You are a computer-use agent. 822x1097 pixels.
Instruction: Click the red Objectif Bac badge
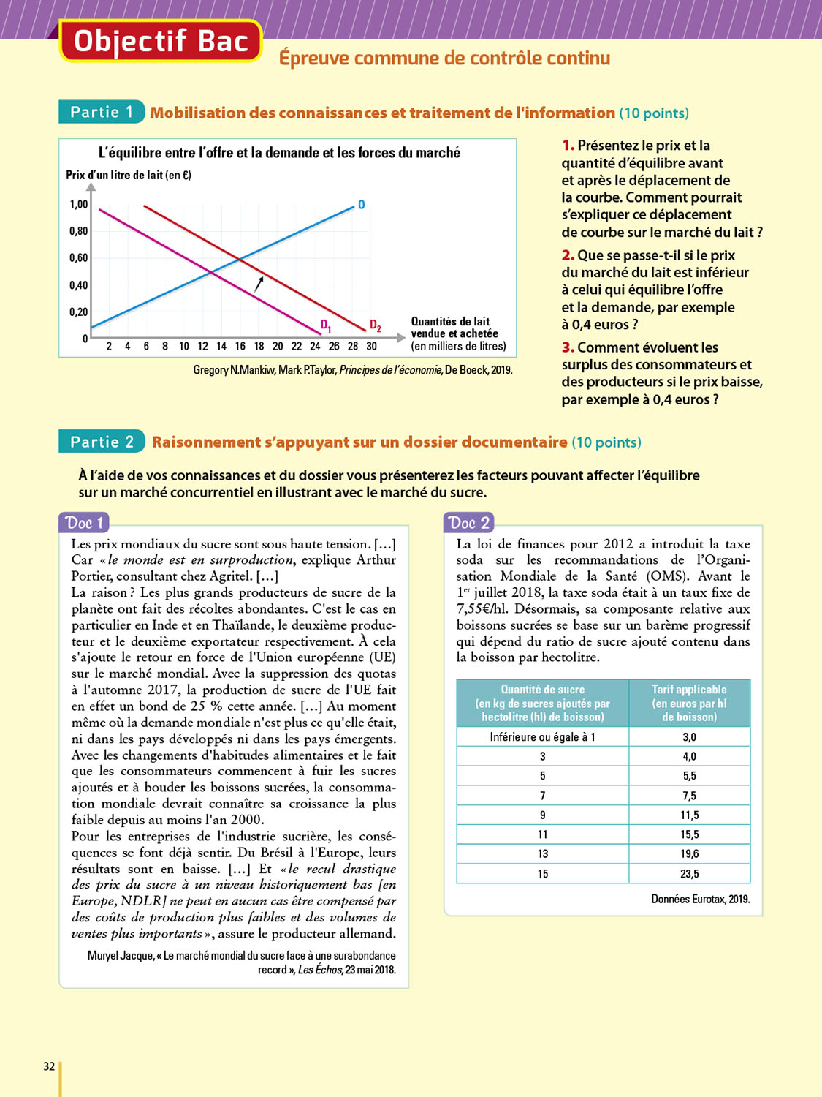tap(161, 41)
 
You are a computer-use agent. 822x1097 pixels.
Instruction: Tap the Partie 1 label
tap(102, 112)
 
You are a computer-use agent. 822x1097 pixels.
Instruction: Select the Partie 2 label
tap(102, 442)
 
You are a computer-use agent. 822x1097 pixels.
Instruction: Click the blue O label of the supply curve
tap(361, 205)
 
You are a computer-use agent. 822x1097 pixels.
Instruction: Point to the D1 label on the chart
tap(326, 325)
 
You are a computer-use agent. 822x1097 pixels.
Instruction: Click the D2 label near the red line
tap(375, 325)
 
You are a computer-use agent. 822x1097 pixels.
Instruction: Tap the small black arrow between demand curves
tap(259, 284)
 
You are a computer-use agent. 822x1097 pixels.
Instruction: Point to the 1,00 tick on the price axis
tap(78, 205)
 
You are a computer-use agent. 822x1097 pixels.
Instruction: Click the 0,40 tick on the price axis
tap(78, 285)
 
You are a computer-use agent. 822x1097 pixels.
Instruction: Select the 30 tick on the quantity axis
tap(371, 347)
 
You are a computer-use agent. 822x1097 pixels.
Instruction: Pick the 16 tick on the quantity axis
tap(240, 347)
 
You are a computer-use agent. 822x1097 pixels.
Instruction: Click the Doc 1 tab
tap(84, 523)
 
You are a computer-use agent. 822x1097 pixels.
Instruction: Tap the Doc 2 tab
tap(469, 523)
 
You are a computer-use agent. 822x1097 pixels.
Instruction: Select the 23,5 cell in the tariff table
tap(689, 874)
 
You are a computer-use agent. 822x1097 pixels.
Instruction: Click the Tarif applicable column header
tap(689, 703)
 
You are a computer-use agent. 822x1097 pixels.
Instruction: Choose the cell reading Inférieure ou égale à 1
tap(542, 737)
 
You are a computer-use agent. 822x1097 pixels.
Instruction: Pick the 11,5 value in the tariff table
tap(689, 815)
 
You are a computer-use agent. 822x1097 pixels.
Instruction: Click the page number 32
tap(49, 1066)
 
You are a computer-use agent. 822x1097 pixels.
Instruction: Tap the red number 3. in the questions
tap(568, 347)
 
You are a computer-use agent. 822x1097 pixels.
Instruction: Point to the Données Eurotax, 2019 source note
tap(700, 899)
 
